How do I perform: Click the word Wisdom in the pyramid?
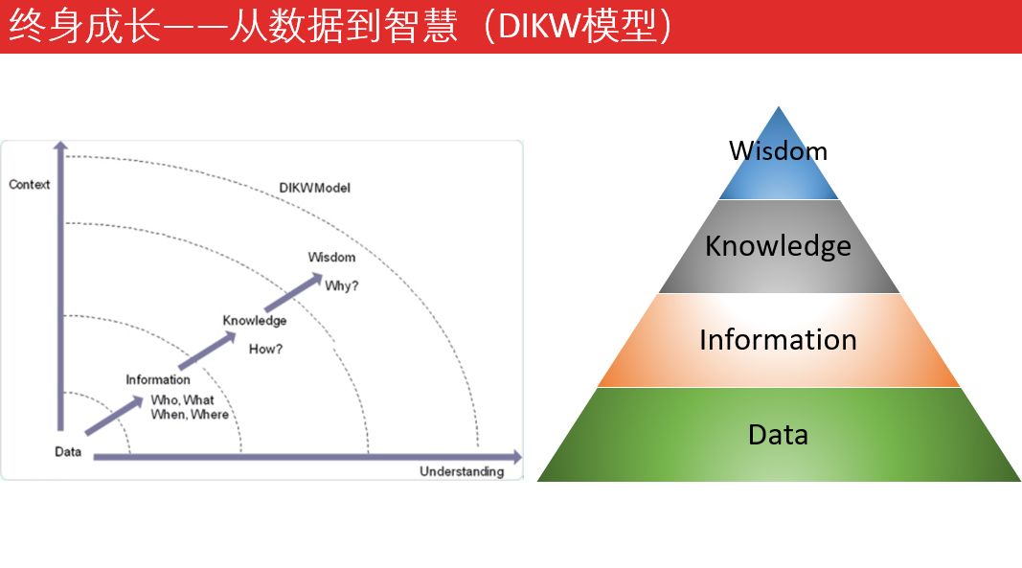(x=778, y=150)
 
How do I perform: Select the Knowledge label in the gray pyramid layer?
(x=778, y=246)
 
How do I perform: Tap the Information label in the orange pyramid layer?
(x=778, y=340)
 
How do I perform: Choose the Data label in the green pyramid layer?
(x=778, y=435)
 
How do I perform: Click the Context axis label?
(x=29, y=184)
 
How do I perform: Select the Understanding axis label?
(x=461, y=471)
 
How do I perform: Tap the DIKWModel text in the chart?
(x=314, y=188)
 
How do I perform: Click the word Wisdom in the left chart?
(x=331, y=257)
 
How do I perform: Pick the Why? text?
(x=342, y=285)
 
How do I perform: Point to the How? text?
(x=265, y=349)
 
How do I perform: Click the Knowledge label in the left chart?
(x=254, y=320)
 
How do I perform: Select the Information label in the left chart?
(x=158, y=379)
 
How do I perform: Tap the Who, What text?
(x=182, y=399)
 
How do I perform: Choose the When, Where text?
(x=190, y=415)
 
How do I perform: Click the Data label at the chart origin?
(x=68, y=451)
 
